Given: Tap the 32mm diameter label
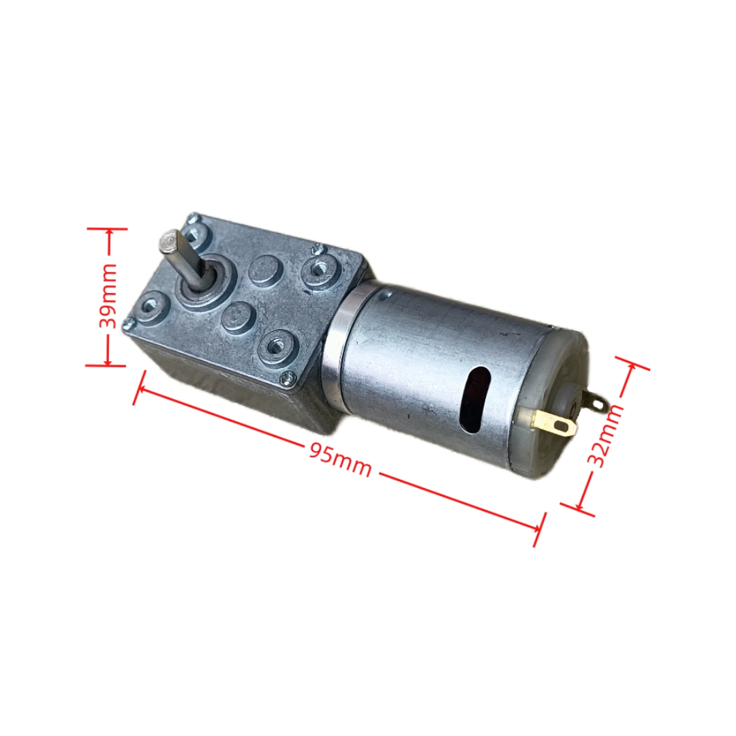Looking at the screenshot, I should click(x=605, y=436).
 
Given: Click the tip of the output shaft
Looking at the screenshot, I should click(x=168, y=241).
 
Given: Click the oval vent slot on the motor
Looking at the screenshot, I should click(x=474, y=399).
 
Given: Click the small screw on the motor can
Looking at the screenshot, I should click(x=386, y=294).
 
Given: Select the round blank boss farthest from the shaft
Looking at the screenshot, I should click(x=237, y=316).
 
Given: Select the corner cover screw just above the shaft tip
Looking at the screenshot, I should click(x=194, y=218).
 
